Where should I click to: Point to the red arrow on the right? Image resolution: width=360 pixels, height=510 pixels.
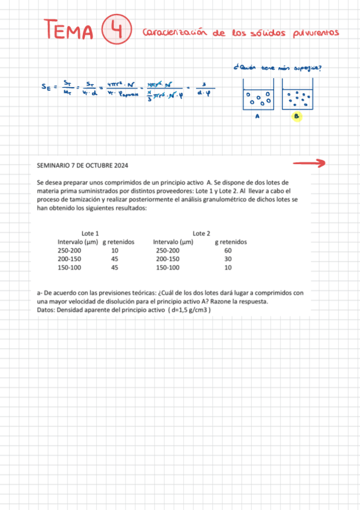point(309,162)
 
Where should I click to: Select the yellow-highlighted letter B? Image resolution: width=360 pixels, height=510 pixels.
point(296,117)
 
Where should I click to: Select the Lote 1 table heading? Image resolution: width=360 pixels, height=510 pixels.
point(90,233)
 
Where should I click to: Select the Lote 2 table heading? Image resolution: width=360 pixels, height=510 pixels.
point(201,233)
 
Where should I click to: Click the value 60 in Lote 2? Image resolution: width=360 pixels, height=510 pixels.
point(227,250)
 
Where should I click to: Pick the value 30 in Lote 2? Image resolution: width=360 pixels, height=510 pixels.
point(227,259)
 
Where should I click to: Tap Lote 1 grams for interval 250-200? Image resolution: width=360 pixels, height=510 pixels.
point(114,250)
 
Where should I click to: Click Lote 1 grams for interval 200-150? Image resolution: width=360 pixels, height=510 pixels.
point(114,259)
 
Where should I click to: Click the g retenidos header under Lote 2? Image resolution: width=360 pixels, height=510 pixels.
point(231,242)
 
